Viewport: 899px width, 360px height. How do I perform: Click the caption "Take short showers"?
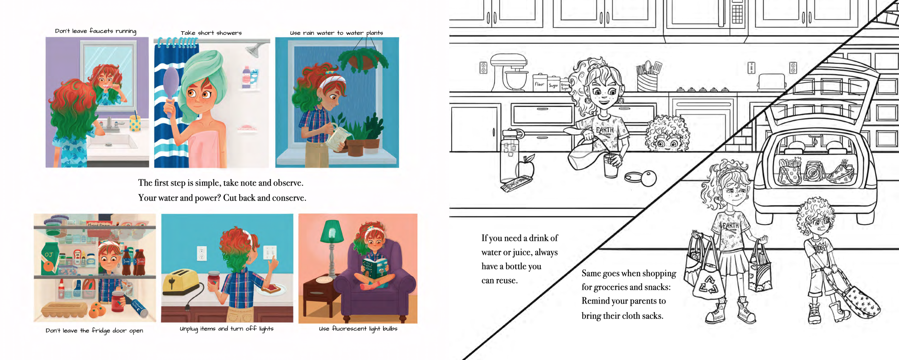[x=211, y=33]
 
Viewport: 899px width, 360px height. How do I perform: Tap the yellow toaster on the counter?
[x=181, y=282]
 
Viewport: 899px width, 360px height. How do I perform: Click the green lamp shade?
[x=332, y=231]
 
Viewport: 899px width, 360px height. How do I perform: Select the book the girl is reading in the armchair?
[x=375, y=268]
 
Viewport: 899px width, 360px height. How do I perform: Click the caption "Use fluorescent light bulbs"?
[x=358, y=329]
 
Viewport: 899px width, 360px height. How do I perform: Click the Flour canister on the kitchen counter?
[x=540, y=82]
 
